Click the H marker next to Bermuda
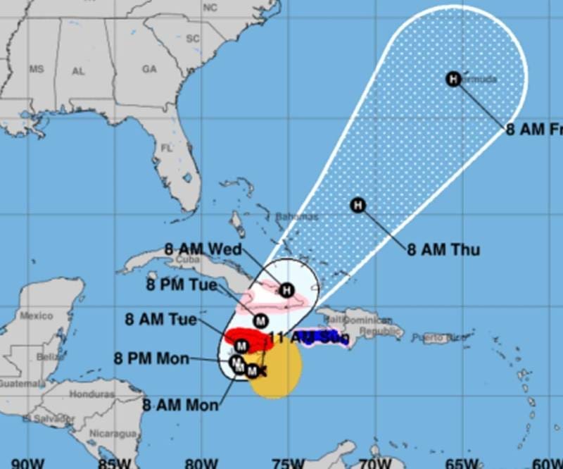[453, 79]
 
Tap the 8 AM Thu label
[443, 250]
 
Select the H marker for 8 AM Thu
[358, 206]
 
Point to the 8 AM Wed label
[203, 249]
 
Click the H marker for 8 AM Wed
[286, 289]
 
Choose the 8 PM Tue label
[182, 285]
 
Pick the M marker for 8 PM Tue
[260, 320]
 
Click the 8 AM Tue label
[161, 319]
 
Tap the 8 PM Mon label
[151, 358]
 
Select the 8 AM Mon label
[179, 405]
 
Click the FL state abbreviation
[167, 149]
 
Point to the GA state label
[149, 69]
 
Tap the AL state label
[79, 71]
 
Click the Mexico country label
[36, 315]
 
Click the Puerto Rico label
[438, 338]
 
